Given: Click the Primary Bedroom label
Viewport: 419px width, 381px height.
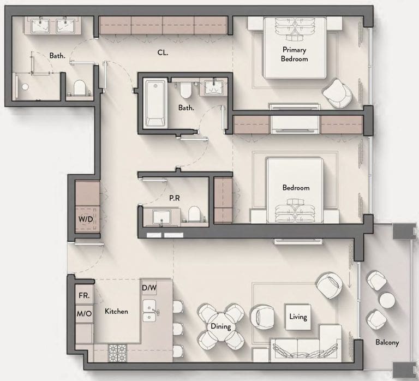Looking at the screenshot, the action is click(x=294, y=54).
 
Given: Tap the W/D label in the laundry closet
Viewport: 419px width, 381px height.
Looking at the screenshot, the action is click(x=86, y=219).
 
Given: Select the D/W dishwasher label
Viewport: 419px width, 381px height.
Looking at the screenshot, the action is click(x=149, y=288).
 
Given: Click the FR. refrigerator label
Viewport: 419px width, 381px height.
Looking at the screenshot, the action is click(x=84, y=295).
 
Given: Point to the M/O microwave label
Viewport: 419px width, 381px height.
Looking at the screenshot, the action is click(x=84, y=314).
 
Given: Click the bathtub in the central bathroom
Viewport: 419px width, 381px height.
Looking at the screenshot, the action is click(x=156, y=104).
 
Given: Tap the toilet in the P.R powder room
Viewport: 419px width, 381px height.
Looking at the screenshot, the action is click(x=194, y=214).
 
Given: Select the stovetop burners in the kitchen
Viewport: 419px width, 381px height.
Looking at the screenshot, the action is click(x=117, y=353).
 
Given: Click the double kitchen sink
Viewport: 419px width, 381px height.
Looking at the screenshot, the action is click(x=149, y=311).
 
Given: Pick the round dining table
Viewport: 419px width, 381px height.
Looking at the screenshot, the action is click(x=221, y=326).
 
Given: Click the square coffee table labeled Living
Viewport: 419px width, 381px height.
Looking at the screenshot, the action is click(x=298, y=317).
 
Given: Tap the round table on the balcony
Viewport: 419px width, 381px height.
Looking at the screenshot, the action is click(x=387, y=300).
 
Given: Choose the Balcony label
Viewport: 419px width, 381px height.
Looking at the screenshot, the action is click(x=387, y=342).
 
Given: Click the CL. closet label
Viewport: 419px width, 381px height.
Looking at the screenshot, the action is click(x=163, y=52).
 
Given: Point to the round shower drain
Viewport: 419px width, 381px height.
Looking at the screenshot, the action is click(x=25, y=87).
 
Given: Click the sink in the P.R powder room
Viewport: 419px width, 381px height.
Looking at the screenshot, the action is click(x=161, y=217).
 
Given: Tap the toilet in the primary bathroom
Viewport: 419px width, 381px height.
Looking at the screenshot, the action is click(x=79, y=88).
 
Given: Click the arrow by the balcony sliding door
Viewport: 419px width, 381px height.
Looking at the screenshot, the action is click(x=350, y=281).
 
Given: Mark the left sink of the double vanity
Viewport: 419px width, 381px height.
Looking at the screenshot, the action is click(x=40, y=26).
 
